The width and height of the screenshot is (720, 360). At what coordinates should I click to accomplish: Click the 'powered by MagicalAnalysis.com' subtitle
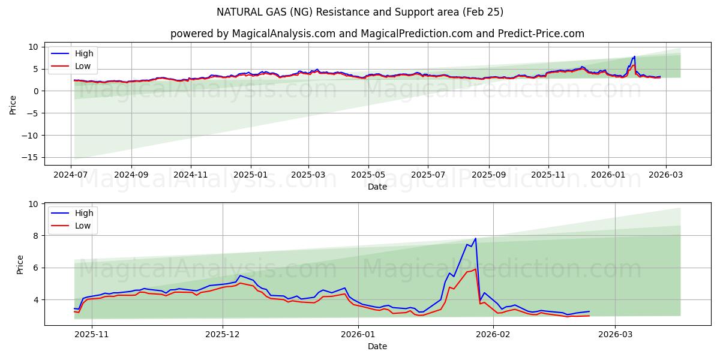[x=377, y=34]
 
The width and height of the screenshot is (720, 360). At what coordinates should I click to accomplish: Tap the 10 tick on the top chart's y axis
[x=33, y=47]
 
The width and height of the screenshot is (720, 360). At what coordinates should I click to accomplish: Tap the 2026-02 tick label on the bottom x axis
[x=493, y=334]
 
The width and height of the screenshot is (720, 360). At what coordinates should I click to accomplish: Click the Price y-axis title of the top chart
[x=13, y=105]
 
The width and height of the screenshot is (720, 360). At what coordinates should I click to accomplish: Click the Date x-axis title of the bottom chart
[x=377, y=346]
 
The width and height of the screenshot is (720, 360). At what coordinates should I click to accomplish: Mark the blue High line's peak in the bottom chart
[x=476, y=238]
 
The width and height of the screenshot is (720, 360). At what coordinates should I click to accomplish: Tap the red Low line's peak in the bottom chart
[x=476, y=269]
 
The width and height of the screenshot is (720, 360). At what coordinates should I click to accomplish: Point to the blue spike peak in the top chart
[x=634, y=56]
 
